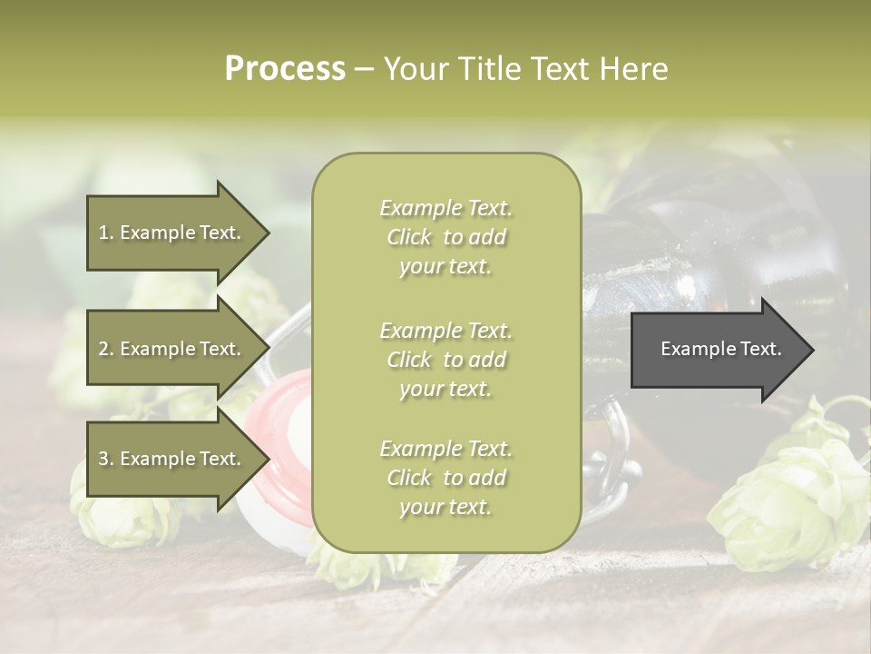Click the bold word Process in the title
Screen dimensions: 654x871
[x=285, y=69]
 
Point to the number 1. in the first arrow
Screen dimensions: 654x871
[x=105, y=233]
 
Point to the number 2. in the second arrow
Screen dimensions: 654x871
[x=105, y=349]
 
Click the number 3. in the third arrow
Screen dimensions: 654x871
[x=105, y=459]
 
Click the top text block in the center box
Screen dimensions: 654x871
[x=445, y=237]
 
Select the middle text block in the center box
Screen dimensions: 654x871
[x=445, y=360]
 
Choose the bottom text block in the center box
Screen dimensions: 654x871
[x=445, y=478]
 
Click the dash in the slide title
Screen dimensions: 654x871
[x=364, y=69]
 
